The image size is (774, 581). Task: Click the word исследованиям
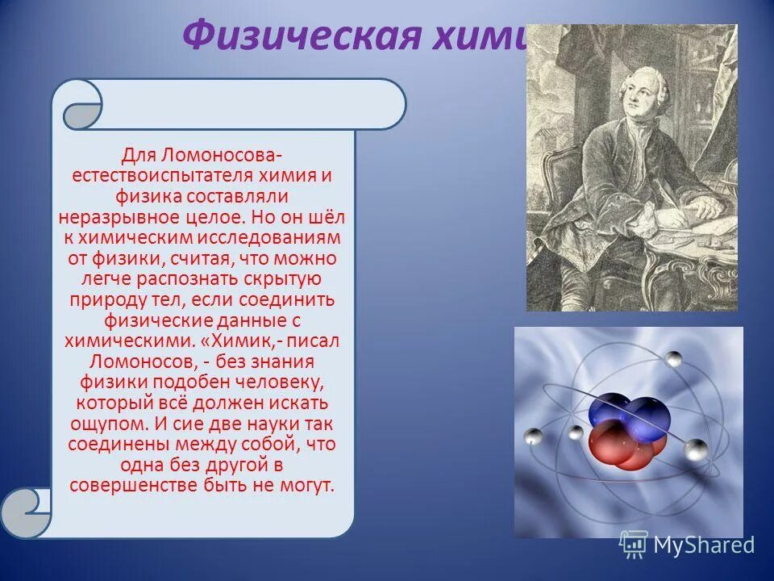[x=282, y=238]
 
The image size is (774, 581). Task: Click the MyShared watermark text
[x=703, y=545]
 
